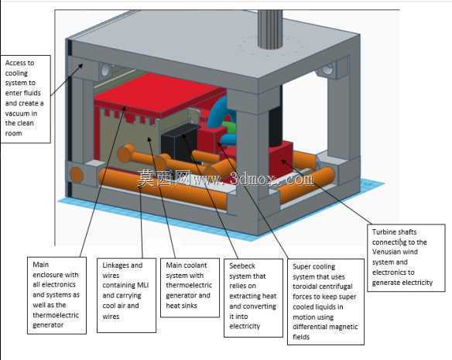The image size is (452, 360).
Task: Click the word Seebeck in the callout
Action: click(x=242, y=266)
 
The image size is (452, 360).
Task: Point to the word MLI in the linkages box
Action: click(x=142, y=285)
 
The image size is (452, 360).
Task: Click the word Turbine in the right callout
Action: click(x=383, y=232)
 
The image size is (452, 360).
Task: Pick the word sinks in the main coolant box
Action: click(x=189, y=306)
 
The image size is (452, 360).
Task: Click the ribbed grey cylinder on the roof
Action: click(x=270, y=29)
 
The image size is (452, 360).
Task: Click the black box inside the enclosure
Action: click(x=180, y=142)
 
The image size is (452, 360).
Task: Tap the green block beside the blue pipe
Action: click(x=229, y=128)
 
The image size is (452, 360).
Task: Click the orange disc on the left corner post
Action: click(x=77, y=175)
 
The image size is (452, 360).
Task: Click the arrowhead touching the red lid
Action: click(x=125, y=108)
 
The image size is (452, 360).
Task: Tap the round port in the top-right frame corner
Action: click(x=328, y=70)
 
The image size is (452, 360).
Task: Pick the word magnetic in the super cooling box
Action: click(x=344, y=327)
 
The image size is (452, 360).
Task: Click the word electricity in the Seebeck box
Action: click(x=245, y=326)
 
